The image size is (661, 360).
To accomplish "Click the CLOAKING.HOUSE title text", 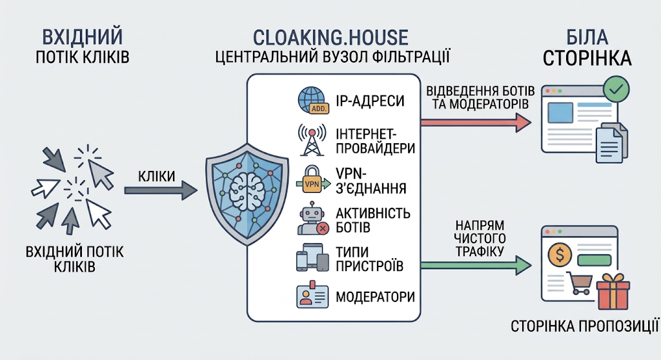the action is point(330,37).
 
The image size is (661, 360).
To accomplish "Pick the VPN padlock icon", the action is point(313,179).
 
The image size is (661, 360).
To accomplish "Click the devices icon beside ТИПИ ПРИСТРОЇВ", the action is point(312,257).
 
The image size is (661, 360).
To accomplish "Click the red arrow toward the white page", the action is point(476,123).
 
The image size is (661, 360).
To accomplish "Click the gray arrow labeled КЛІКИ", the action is point(161,190).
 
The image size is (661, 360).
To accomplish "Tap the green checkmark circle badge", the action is point(616,89).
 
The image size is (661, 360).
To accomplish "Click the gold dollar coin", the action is point(560,254).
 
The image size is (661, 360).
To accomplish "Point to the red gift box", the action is point(613,292).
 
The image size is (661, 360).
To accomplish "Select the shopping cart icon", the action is point(579,283).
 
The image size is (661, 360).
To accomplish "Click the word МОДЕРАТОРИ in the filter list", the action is point(375,297).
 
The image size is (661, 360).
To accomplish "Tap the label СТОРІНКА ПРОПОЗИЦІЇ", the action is point(585,326).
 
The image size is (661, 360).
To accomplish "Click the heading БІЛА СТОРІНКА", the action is point(587,48).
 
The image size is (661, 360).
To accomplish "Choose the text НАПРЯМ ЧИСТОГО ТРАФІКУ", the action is point(480,238).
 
